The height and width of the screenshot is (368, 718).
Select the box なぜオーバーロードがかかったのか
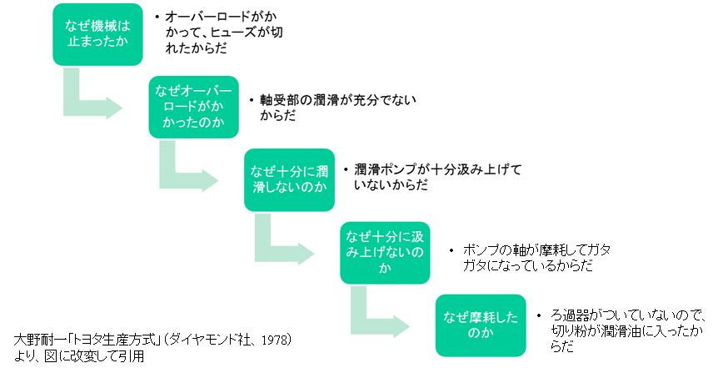(192, 107)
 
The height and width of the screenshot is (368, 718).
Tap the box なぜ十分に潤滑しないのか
(288, 179)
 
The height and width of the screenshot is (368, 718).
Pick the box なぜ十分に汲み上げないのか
(384, 251)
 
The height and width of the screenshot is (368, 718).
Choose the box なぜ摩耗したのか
(479, 324)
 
